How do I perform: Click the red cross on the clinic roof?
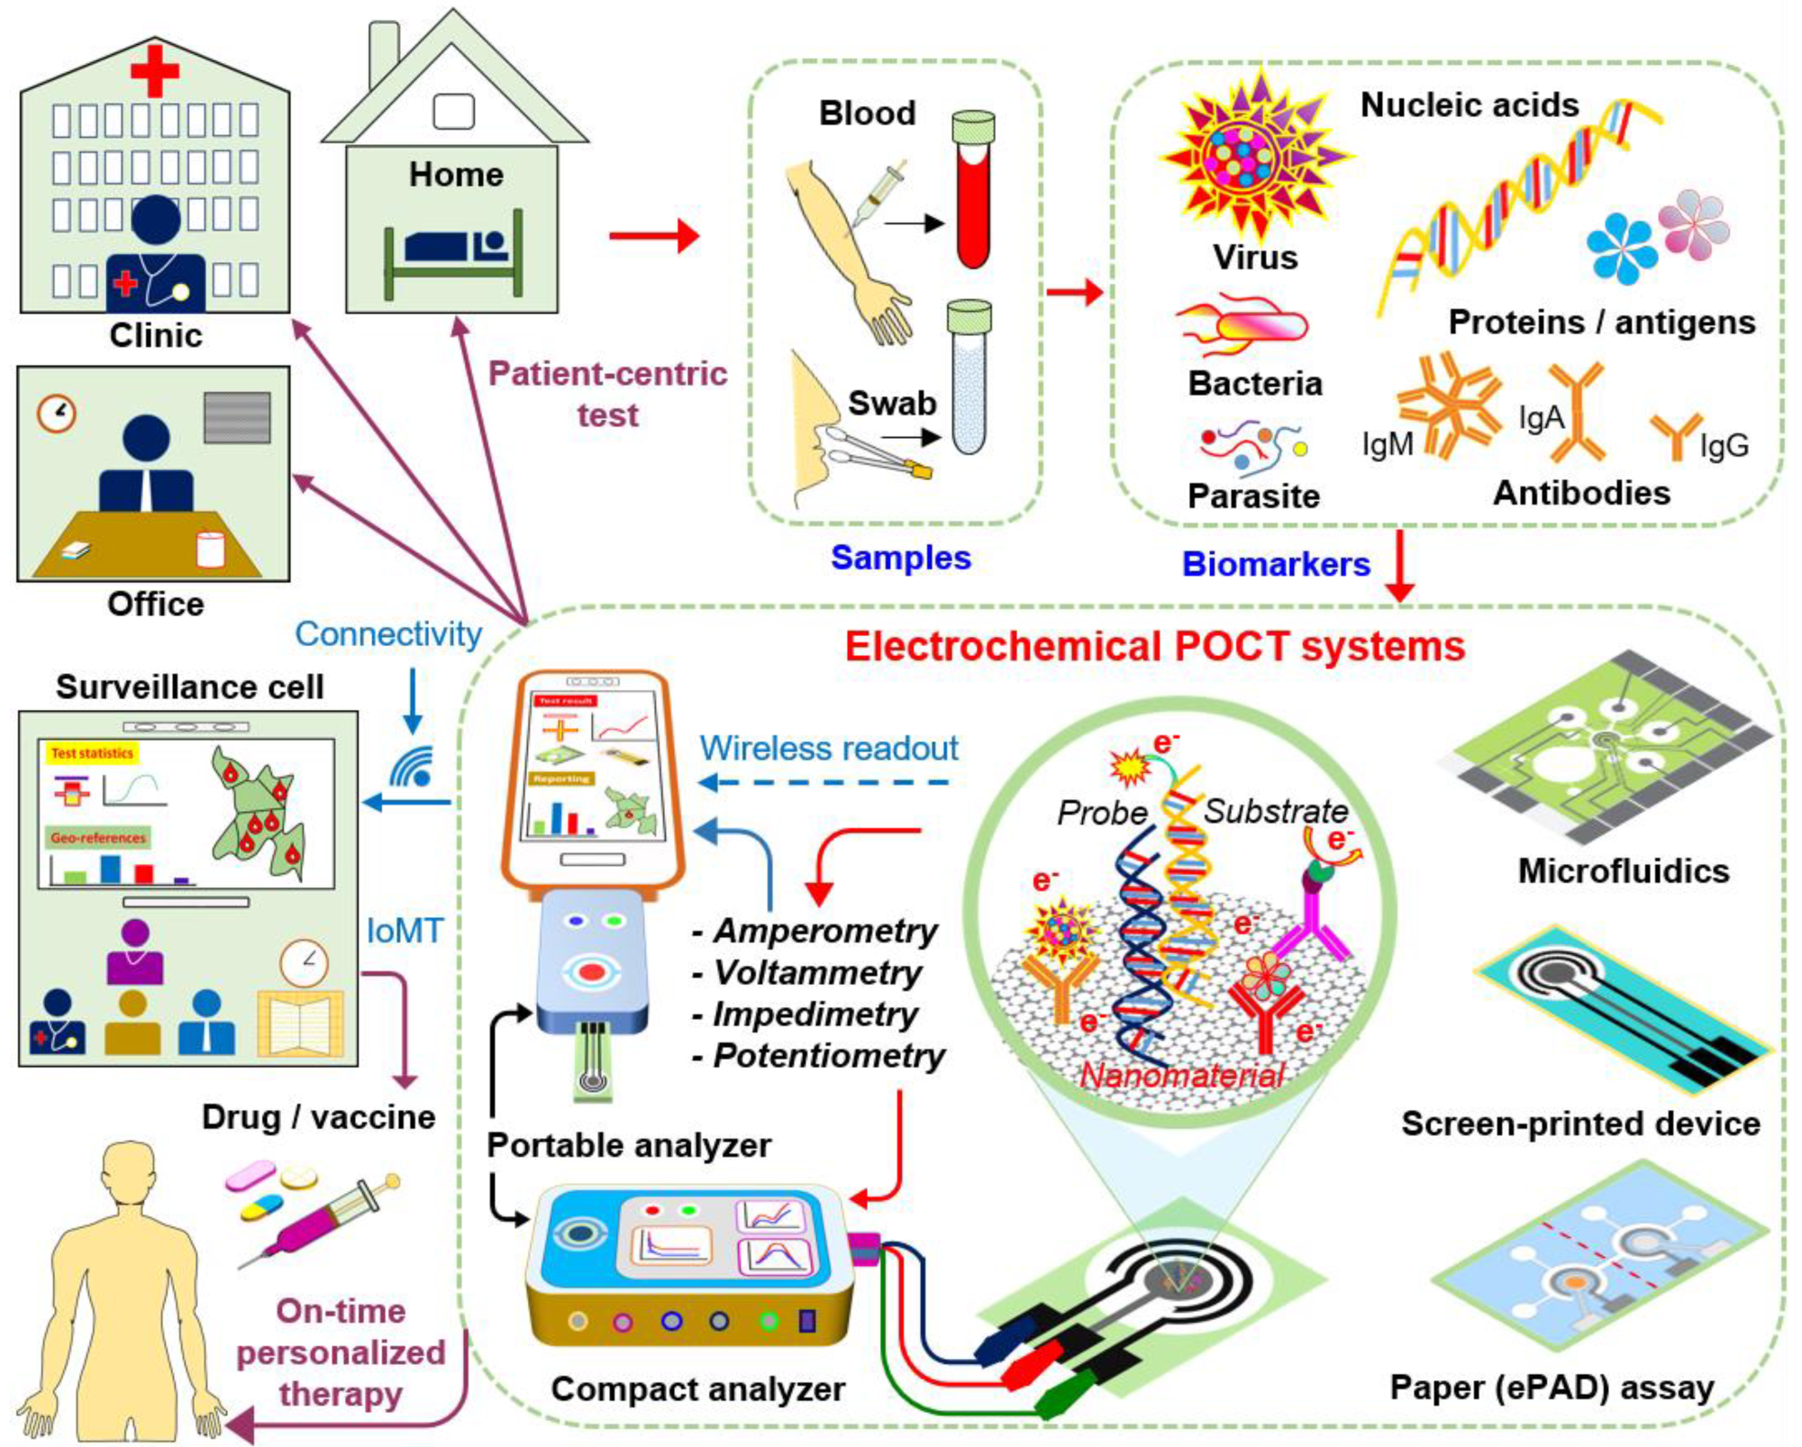click(154, 68)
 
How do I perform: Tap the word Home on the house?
click(456, 174)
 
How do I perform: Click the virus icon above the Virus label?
click(1255, 155)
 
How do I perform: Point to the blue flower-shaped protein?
click(1619, 248)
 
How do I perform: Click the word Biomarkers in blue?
click(1275, 564)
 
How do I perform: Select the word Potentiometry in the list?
click(828, 1056)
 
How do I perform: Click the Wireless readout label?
click(829, 748)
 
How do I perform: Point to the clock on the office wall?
click(56, 413)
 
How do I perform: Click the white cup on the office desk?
click(210, 549)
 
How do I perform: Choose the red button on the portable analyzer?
click(591, 972)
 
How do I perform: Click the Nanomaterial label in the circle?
click(1181, 1075)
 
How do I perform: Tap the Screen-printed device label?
click(1580, 1124)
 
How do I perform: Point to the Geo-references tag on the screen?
click(97, 838)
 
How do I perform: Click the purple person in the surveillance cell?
click(135, 952)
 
